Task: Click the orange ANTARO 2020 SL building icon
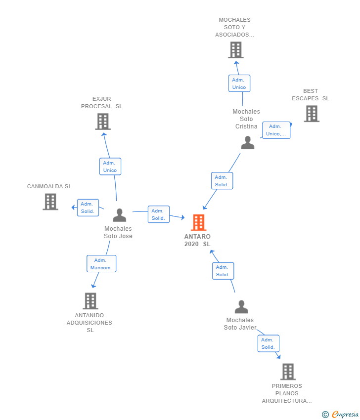[x=199, y=222]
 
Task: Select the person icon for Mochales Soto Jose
[x=119, y=215]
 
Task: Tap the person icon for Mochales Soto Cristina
[x=247, y=142]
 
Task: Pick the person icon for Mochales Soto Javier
[x=241, y=307]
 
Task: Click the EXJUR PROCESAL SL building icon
[x=103, y=122]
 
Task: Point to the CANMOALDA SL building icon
[x=50, y=202]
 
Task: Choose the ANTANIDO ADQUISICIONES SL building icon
[x=90, y=301]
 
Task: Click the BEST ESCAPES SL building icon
[x=312, y=114]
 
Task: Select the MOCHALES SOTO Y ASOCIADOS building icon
[x=236, y=50]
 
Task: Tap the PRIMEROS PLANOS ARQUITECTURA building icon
[x=288, y=372]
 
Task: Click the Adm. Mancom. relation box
[x=101, y=263]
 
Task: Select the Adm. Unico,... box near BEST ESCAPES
[x=276, y=130]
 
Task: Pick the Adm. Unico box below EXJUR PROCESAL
[x=110, y=167]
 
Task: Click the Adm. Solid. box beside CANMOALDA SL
[x=88, y=208]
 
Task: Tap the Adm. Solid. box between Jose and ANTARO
[x=159, y=214]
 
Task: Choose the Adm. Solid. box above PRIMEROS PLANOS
[x=269, y=343]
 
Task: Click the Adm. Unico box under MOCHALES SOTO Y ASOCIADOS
[x=239, y=84]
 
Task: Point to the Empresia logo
[x=345, y=415]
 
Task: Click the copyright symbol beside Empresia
[x=325, y=415]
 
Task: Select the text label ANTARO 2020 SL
[x=198, y=240]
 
